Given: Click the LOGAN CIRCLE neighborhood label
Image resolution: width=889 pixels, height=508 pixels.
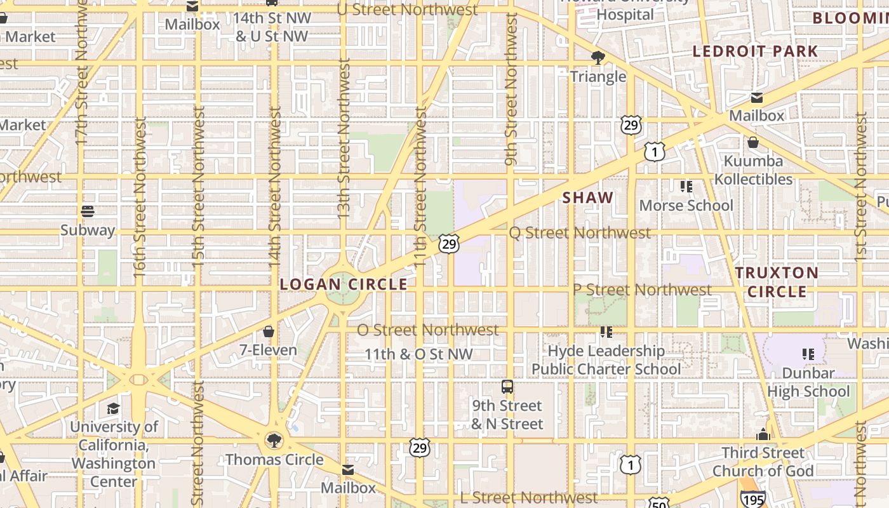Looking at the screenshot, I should [344, 284].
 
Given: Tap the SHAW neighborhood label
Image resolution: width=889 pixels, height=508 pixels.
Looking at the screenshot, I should [588, 197].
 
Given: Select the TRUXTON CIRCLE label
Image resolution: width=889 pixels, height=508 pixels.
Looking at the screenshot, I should [777, 283].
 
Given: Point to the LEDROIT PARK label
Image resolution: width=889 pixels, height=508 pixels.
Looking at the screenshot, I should [755, 51].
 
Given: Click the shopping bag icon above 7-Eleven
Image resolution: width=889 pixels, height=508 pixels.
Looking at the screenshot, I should [269, 331].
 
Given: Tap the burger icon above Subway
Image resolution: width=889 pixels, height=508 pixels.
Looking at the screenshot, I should [88, 211].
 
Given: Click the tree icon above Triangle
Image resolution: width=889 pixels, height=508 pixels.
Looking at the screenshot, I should [598, 58].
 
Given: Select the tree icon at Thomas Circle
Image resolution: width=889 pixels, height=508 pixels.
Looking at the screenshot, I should [274, 440].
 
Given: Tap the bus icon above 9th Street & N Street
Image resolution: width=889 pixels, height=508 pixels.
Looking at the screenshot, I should [507, 386].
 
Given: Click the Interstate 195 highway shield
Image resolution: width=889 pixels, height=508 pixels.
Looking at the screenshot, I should [752, 498].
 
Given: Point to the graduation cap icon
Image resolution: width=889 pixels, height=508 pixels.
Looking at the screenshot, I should [113, 408].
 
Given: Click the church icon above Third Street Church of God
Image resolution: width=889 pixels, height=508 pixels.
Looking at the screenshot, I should [763, 434].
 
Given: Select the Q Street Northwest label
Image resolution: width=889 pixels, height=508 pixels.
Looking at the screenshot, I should [580, 233].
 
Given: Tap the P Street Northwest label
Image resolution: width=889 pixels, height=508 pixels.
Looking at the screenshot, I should [642, 290].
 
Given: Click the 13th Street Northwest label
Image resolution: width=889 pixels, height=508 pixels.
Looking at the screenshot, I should [344, 140].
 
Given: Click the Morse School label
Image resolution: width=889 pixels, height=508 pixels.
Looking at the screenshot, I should [686, 205].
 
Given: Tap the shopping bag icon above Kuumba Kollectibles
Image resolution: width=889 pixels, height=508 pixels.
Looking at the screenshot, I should [752, 142].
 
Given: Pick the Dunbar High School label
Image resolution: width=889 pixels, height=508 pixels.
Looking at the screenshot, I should [808, 382].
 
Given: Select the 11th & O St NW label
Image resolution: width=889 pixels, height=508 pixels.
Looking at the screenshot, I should [418, 354].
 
